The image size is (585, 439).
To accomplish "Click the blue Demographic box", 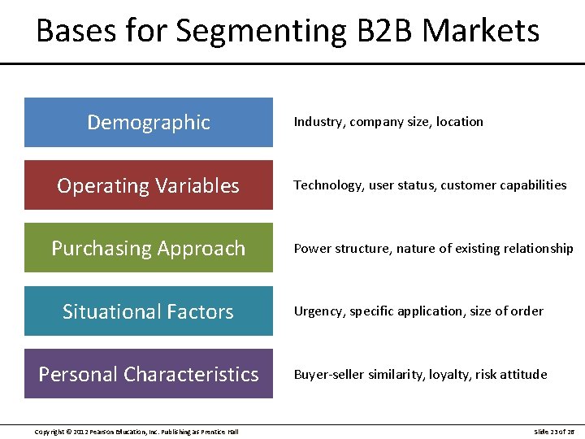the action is click(x=149, y=123).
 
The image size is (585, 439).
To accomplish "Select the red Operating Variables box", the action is click(x=149, y=185).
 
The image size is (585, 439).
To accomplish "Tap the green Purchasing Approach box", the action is click(x=149, y=248).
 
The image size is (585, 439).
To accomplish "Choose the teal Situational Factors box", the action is click(x=149, y=311).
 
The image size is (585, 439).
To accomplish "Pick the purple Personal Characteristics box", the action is click(x=149, y=374).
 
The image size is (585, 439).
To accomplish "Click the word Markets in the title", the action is click(x=481, y=31).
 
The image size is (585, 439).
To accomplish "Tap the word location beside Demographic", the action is click(x=460, y=122).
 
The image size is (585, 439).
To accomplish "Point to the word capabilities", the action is click(x=529, y=185).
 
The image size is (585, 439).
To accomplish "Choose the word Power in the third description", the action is click(x=312, y=249).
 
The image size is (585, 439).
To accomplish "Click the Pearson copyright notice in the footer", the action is click(x=136, y=432).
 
